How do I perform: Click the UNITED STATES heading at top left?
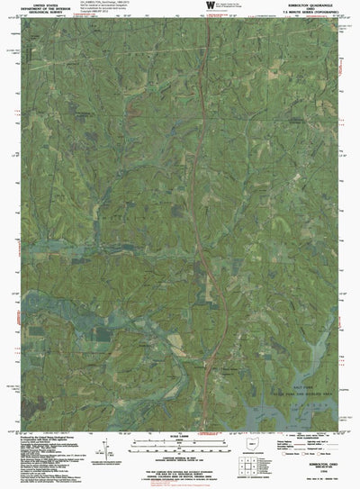tap(39, 5)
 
